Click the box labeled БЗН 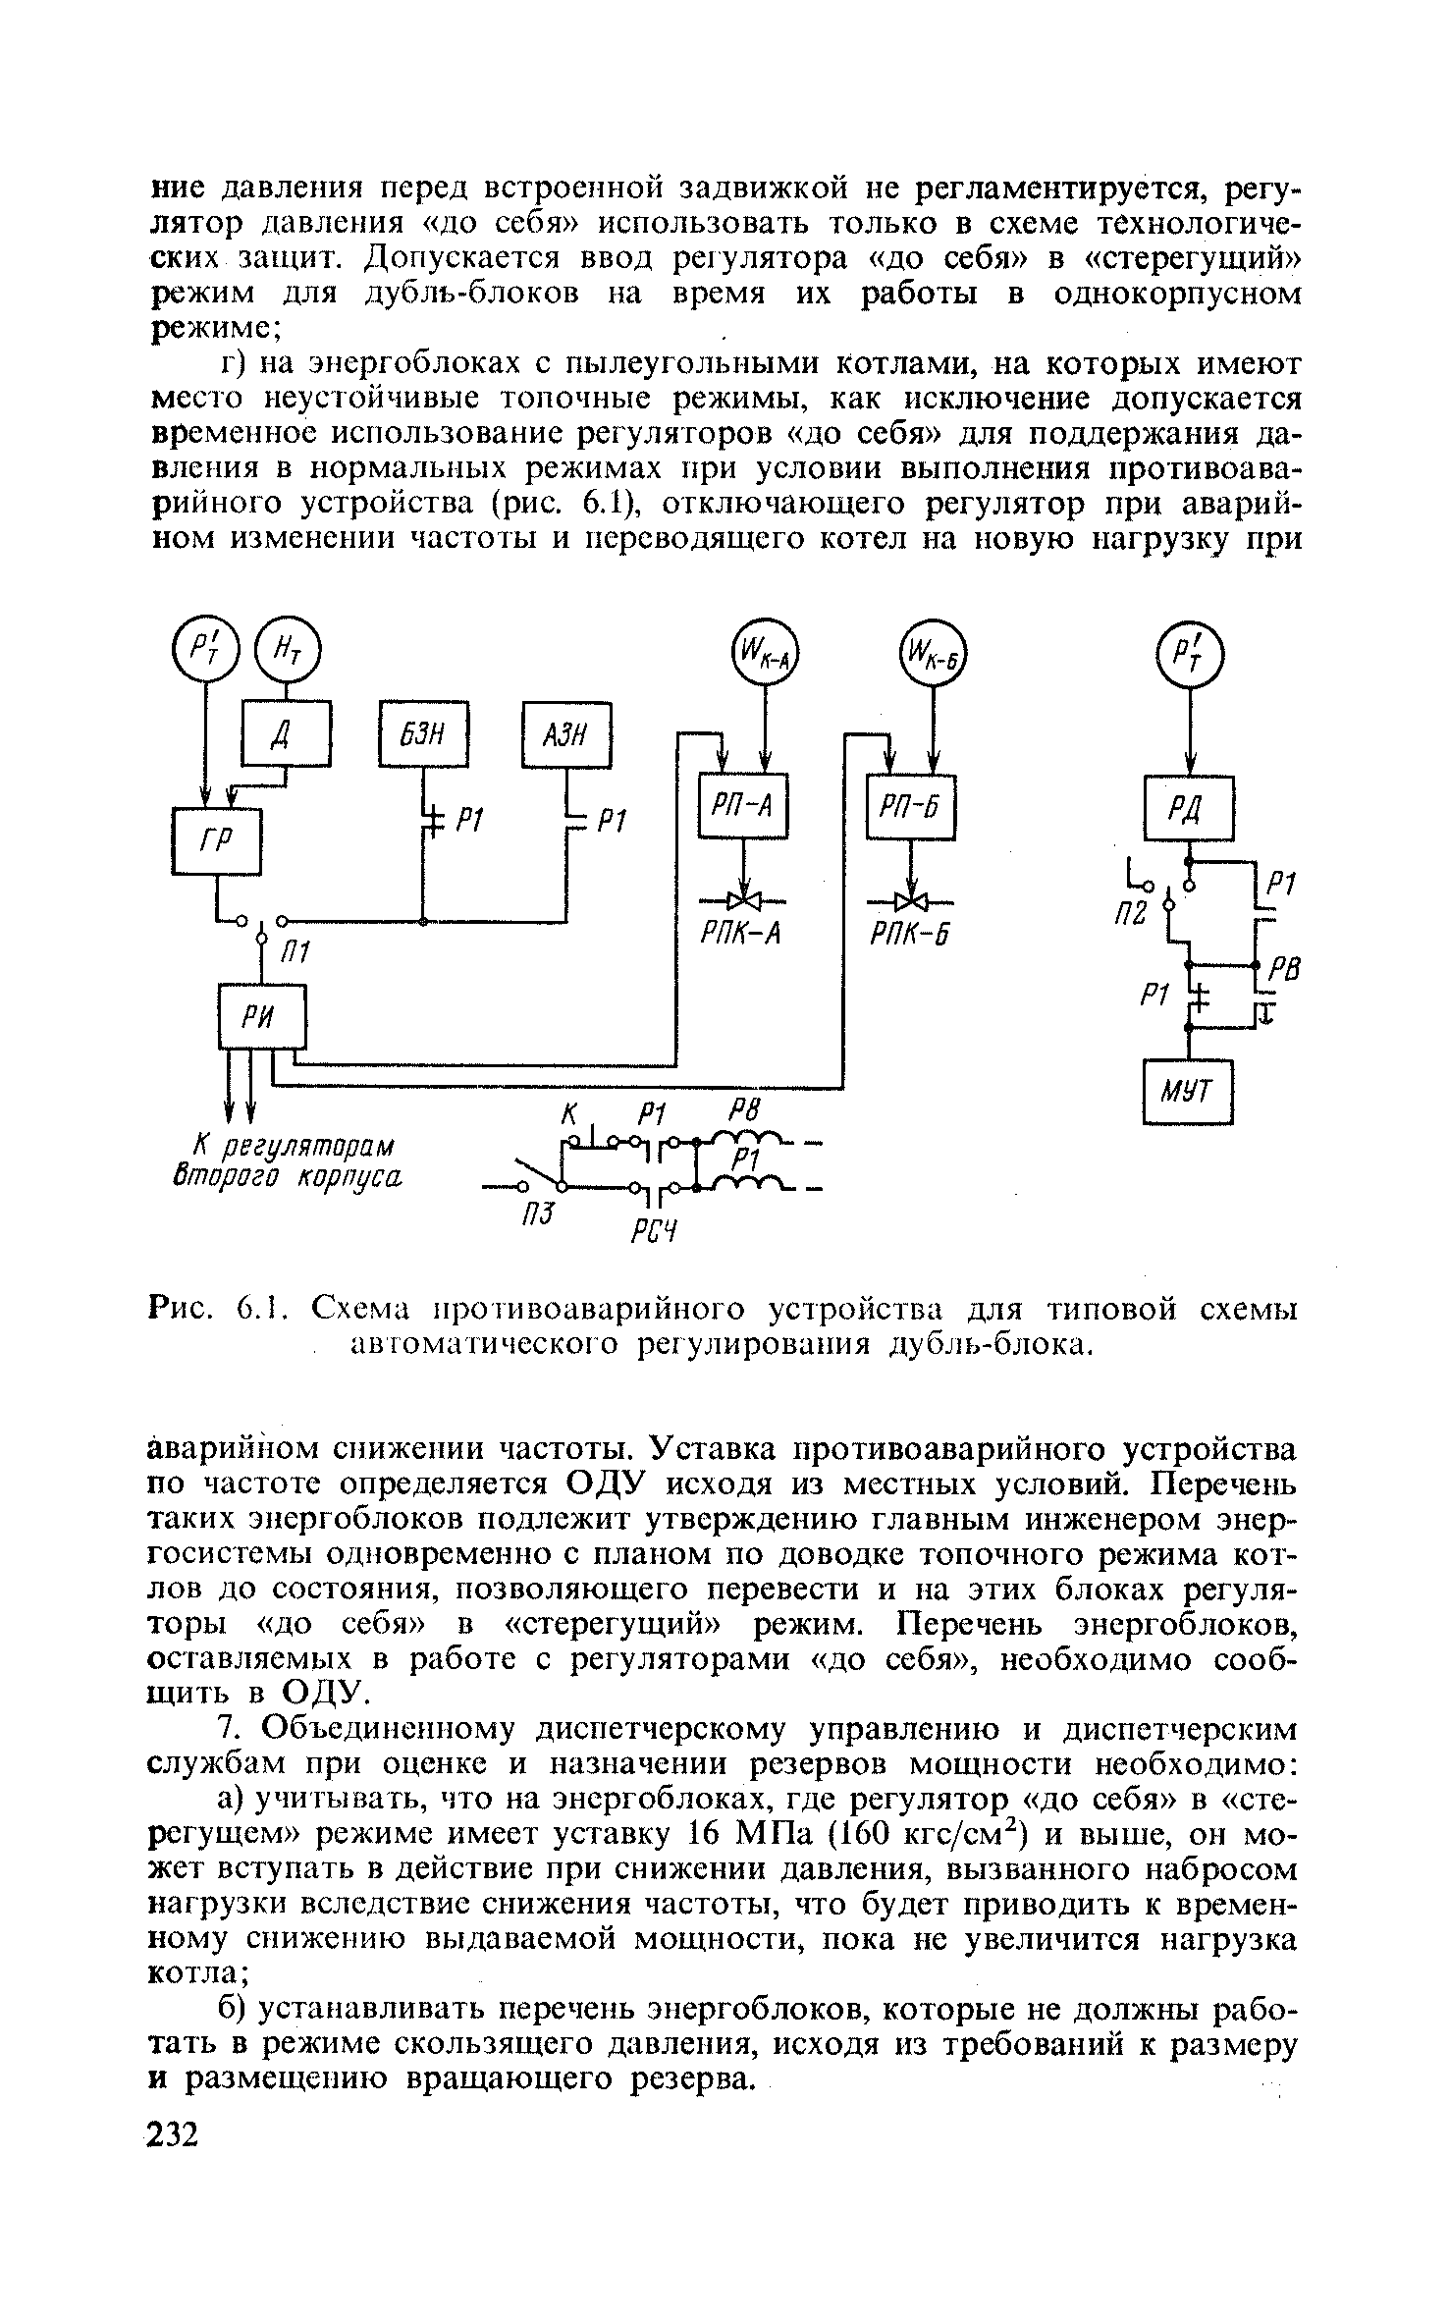(x=424, y=733)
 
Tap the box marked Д (x=286, y=733)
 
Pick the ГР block (x=217, y=840)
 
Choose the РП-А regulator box (x=743, y=807)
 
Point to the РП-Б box (x=911, y=807)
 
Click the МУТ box (x=1188, y=1091)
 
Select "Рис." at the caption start (x=182, y=1310)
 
